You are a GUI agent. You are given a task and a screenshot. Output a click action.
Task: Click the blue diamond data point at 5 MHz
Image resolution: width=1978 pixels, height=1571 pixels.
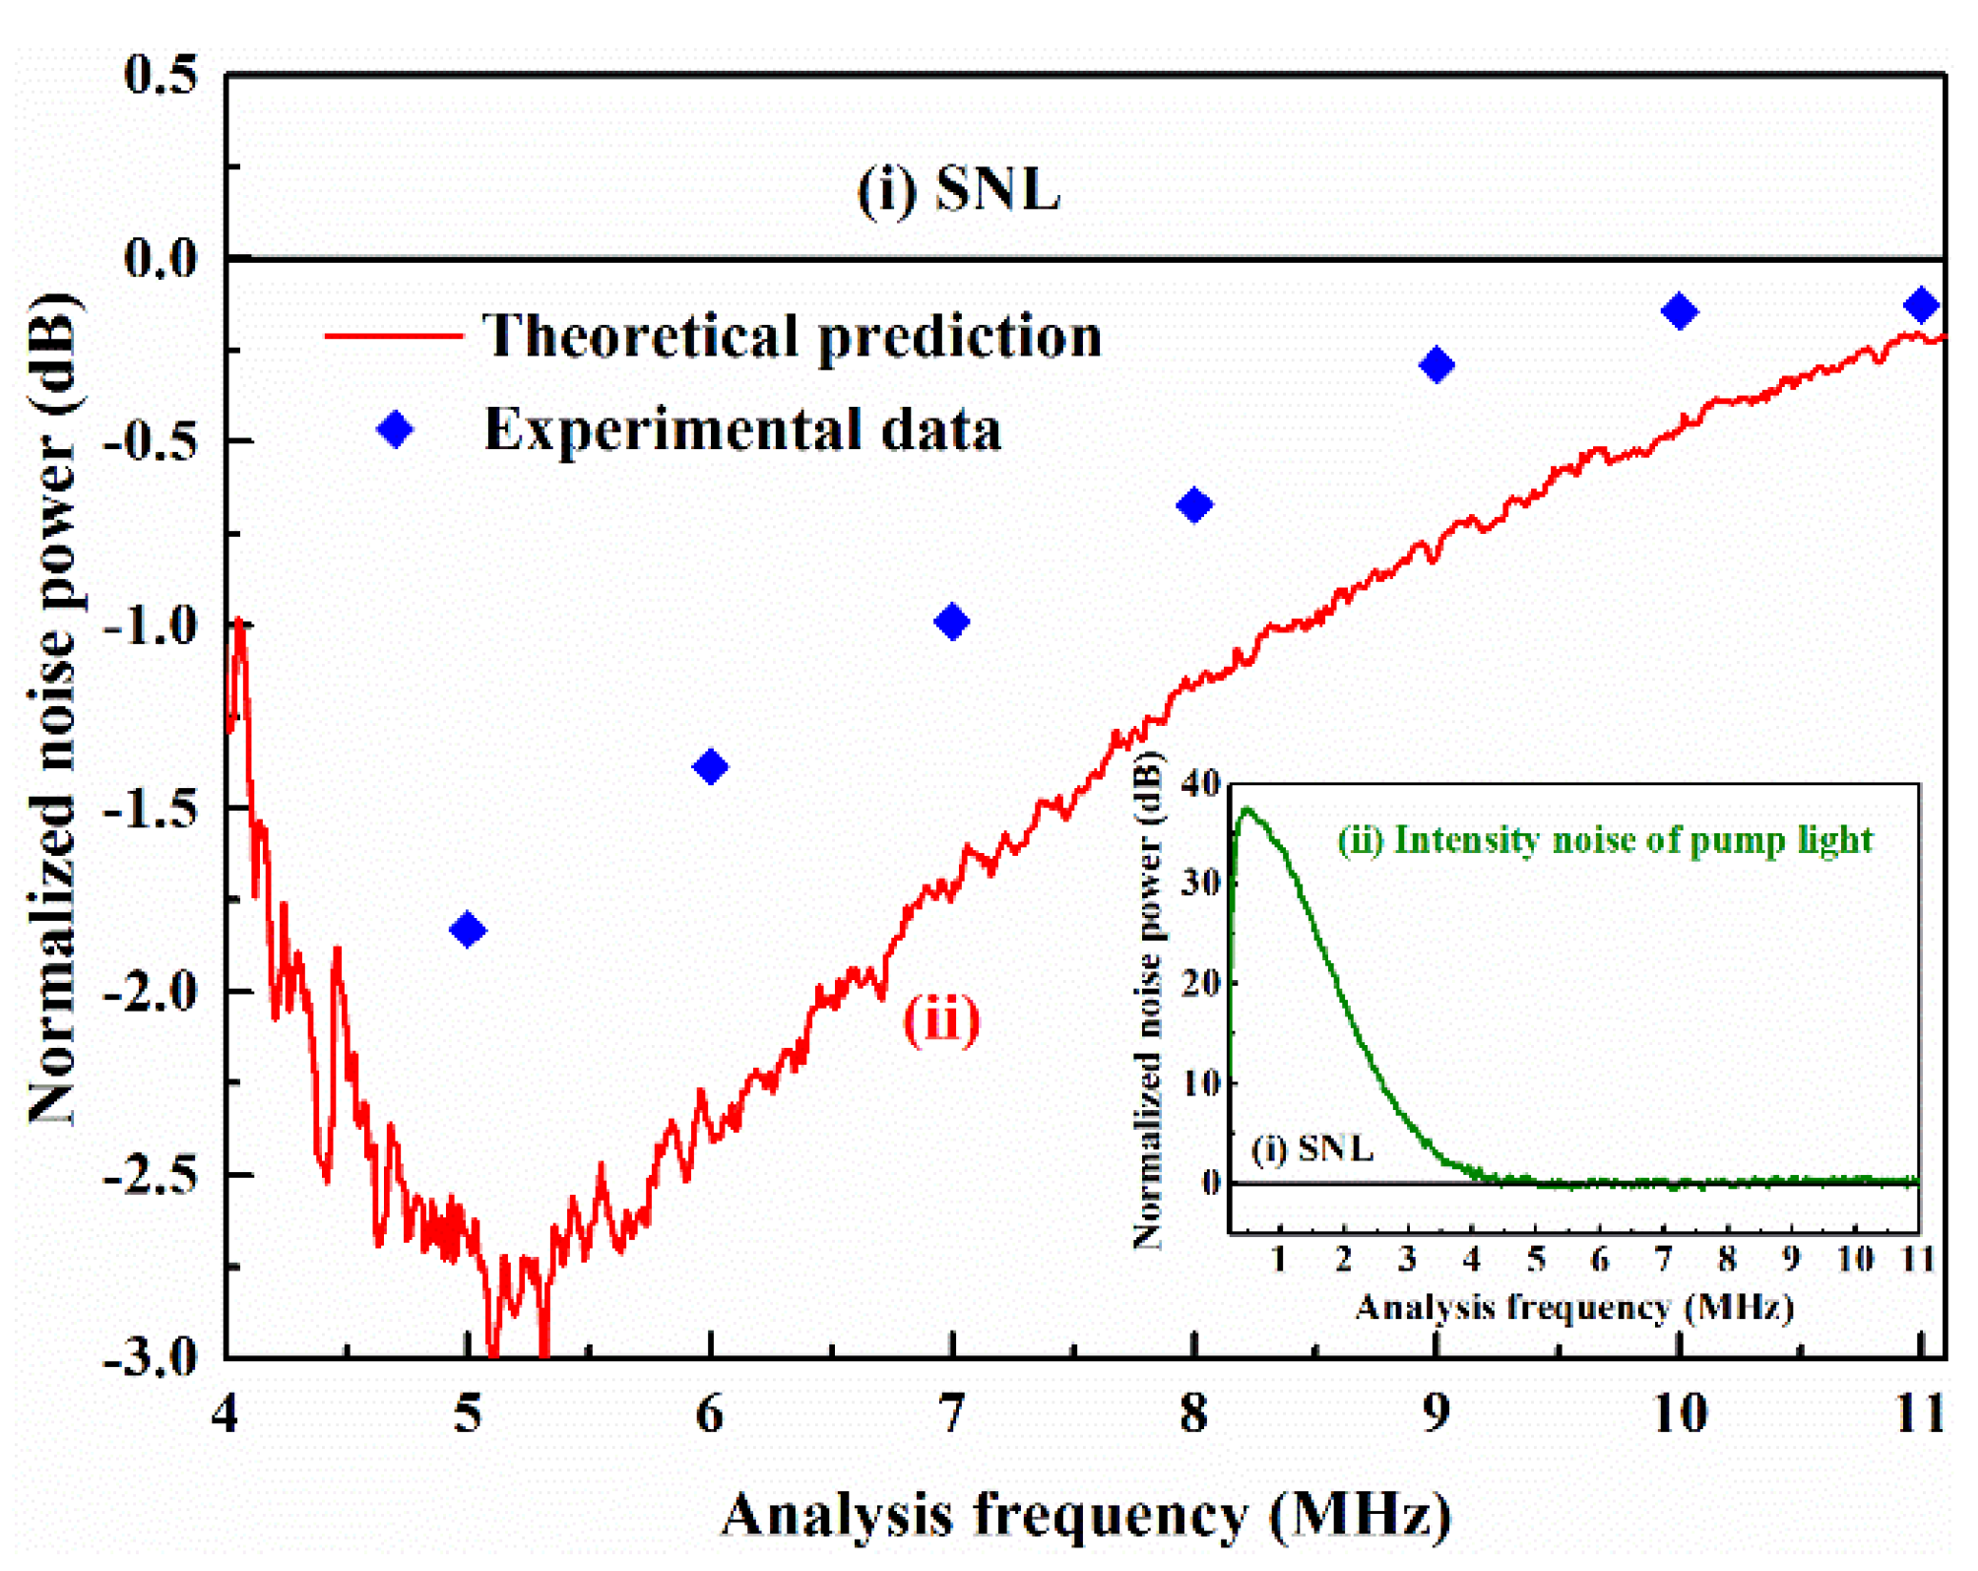point(468,929)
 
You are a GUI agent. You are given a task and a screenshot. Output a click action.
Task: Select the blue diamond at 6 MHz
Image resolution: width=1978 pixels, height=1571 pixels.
point(710,766)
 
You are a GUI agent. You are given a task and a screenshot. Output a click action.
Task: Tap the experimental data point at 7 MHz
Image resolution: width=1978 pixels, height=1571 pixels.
point(952,622)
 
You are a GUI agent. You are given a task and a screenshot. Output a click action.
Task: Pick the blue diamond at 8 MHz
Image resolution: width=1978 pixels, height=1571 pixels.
point(1194,505)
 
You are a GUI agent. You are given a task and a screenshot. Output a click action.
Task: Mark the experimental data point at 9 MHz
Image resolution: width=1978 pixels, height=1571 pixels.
point(1436,365)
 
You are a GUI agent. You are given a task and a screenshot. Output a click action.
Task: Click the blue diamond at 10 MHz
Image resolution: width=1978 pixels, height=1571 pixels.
point(1679,312)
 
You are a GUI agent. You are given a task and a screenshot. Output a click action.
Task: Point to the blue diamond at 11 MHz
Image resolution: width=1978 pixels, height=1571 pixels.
point(1921,305)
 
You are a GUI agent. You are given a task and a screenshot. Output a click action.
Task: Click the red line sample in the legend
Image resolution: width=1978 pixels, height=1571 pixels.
point(394,336)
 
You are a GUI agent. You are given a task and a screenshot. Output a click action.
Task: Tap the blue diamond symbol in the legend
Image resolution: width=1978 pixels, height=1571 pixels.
point(396,429)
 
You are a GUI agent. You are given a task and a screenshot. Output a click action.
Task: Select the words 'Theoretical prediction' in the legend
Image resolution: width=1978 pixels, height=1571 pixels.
point(792,336)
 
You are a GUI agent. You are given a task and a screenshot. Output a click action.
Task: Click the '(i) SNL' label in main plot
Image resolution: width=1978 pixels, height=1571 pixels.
point(958,188)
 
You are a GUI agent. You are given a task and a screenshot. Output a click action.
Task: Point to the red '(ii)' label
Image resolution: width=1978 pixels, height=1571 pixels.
point(941,1019)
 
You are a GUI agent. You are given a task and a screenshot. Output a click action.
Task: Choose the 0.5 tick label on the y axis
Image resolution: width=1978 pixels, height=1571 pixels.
point(160,75)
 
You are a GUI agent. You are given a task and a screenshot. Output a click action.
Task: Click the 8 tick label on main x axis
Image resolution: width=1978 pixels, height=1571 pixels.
point(1194,1414)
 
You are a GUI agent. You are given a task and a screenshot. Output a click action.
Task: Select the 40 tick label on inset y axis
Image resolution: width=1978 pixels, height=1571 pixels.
point(1201,784)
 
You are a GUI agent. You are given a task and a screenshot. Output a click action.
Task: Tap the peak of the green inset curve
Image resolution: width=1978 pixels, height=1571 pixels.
point(1248,810)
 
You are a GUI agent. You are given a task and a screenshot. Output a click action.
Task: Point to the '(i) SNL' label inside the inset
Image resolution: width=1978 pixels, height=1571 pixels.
point(1311,1148)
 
